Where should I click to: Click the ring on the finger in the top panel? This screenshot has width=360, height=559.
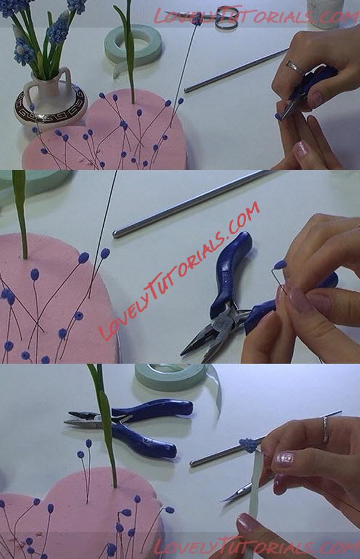(294, 67)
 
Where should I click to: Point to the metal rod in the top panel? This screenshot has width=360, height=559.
(236, 70)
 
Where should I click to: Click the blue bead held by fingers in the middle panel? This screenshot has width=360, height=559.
(280, 265)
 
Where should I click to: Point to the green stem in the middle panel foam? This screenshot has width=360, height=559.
(22, 214)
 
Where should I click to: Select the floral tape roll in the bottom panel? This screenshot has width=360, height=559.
(175, 378)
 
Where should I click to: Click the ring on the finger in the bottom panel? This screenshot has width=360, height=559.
(326, 429)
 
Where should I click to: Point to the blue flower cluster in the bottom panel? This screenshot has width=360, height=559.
(249, 445)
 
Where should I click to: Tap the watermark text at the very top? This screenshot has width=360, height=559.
(256, 16)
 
